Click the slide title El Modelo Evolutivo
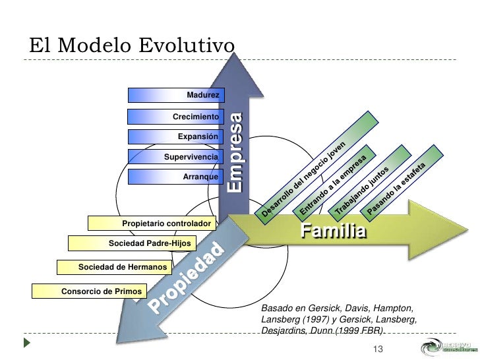tap(132, 46)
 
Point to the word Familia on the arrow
tap(334, 231)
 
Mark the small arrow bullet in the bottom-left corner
tap(26, 343)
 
